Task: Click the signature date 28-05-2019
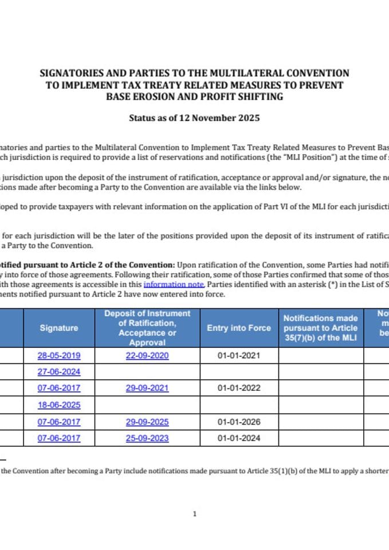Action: point(59,355)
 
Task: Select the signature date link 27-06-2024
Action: point(59,372)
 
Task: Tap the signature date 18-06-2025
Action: point(59,405)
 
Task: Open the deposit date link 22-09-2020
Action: point(147,355)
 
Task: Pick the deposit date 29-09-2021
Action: point(147,388)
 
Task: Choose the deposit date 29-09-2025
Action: point(147,422)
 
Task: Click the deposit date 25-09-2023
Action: point(147,438)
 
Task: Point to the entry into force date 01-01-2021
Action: point(239,355)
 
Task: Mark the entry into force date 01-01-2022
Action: point(239,388)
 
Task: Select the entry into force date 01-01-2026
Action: point(239,422)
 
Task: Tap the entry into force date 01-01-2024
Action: point(239,438)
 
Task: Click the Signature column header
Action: point(59,328)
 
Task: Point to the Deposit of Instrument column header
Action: point(147,328)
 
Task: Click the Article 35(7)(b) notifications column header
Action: point(321,328)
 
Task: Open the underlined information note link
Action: point(174,284)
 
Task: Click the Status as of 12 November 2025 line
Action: point(194,119)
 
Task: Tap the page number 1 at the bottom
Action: point(194,514)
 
